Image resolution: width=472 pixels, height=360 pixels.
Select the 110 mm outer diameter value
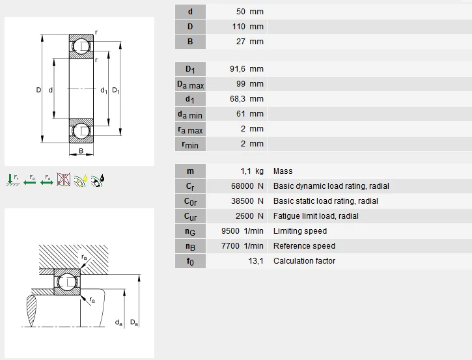[248, 27]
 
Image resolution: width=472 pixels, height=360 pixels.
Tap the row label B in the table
[189, 42]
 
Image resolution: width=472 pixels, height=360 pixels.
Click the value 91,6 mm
[247, 69]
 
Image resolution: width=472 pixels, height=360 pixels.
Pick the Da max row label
[189, 85]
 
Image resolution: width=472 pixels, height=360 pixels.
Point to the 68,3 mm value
[247, 99]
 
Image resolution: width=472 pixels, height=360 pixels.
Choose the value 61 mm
[250, 114]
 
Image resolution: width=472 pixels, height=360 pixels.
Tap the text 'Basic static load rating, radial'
[326, 201]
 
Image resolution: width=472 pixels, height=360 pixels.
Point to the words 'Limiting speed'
[300, 231]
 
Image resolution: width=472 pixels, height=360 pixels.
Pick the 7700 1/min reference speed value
[242, 246]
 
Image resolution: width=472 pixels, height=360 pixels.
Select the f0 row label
[189, 261]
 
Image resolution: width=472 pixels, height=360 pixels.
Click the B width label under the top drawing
[81, 151]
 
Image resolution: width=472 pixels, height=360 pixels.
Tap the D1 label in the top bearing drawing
[115, 90]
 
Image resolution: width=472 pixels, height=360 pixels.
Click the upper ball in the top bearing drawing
[81, 46]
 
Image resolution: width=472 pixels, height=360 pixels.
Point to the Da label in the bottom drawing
[133, 322]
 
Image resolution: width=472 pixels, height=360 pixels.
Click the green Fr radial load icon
[12, 180]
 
